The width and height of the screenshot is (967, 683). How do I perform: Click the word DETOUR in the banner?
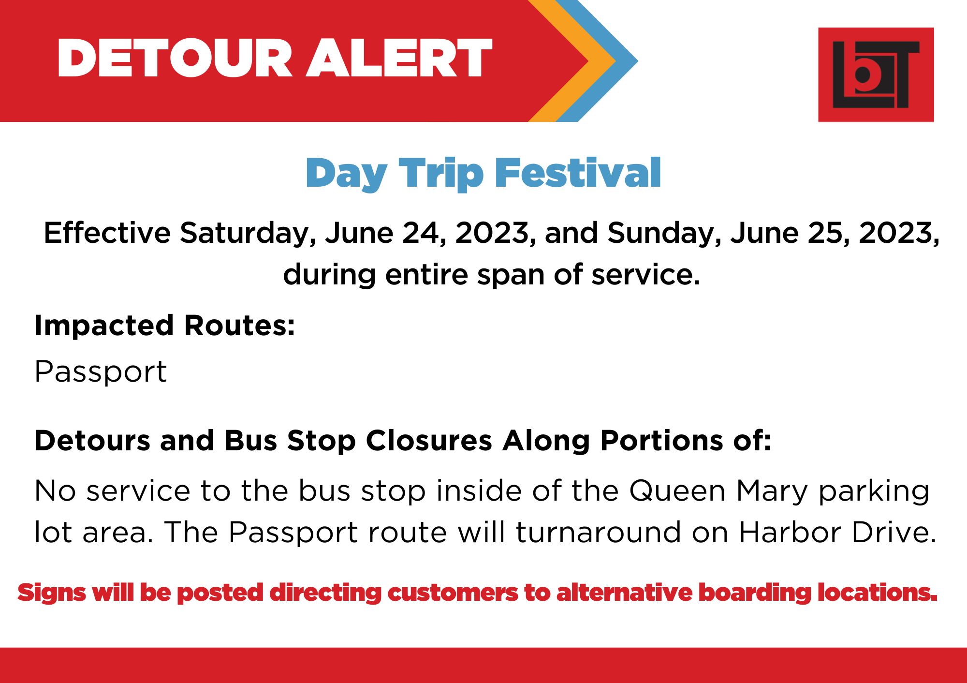[175, 58]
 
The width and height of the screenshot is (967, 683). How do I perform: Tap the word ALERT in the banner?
[399, 58]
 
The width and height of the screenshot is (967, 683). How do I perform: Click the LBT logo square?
[876, 74]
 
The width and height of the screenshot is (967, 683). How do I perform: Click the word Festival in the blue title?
[578, 173]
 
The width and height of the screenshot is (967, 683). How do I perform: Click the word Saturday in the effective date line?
[248, 234]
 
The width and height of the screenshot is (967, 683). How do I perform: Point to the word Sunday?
[665, 234]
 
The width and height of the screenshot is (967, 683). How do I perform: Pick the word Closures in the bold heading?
[429, 441]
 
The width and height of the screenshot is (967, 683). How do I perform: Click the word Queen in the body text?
[677, 491]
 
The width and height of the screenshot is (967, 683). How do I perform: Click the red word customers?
[453, 593]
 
